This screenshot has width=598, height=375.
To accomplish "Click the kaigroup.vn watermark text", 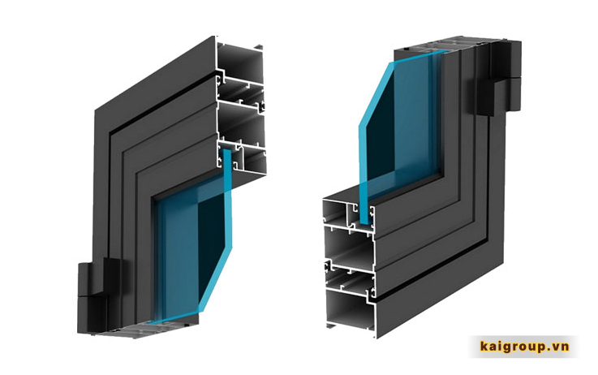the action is pos(524,347).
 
